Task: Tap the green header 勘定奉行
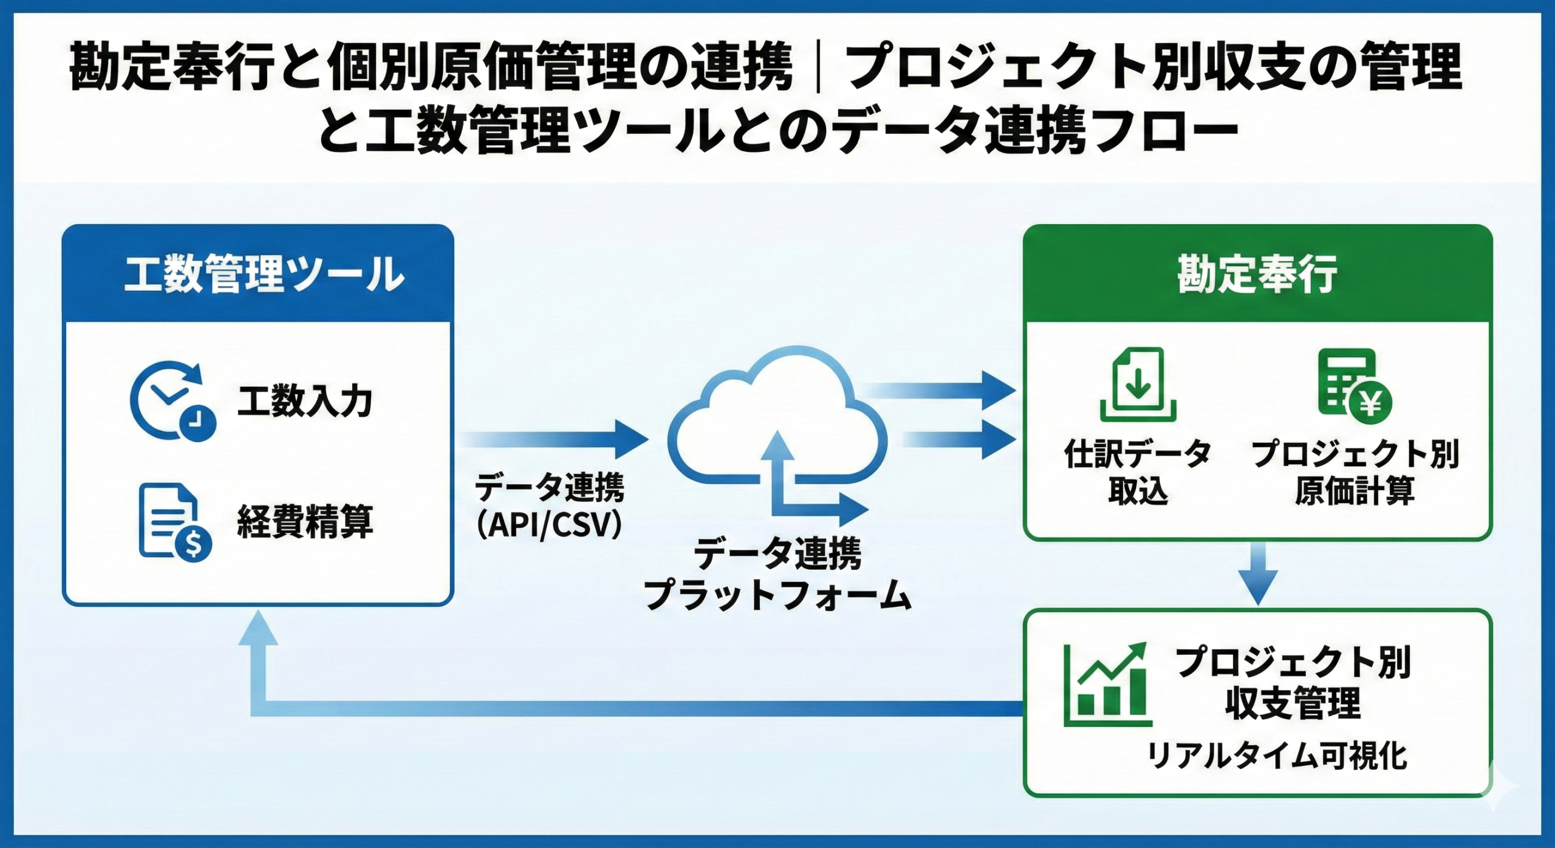tap(1257, 274)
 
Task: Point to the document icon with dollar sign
tap(174, 521)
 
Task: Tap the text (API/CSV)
tap(550, 526)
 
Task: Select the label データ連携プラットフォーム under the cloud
tap(777, 573)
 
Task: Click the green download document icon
tap(1138, 385)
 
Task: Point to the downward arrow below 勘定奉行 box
tap(1258, 574)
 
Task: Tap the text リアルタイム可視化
tap(1276, 757)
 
